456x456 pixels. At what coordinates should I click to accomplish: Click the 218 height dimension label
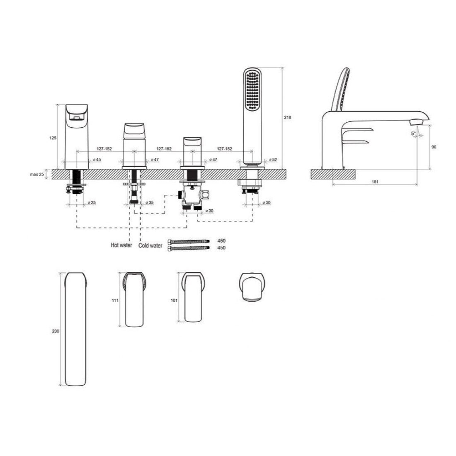pyautogui.click(x=287, y=117)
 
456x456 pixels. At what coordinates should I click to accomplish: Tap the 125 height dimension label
pyautogui.click(x=53, y=138)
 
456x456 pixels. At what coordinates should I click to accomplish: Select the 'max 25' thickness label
pyautogui.click(x=37, y=175)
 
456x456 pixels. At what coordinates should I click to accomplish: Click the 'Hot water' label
pyautogui.click(x=121, y=245)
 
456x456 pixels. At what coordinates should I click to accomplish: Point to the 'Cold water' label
pyautogui.click(x=150, y=245)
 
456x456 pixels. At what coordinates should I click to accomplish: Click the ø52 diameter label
pyautogui.click(x=273, y=160)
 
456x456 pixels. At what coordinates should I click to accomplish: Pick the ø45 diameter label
pyautogui.click(x=97, y=160)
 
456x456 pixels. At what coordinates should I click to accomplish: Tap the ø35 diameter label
pyautogui.click(x=150, y=202)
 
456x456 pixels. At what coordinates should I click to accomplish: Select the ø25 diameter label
pyautogui.click(x=91, y=202)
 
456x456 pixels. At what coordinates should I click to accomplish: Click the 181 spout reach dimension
pyautogui.click(x=375, y=182)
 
